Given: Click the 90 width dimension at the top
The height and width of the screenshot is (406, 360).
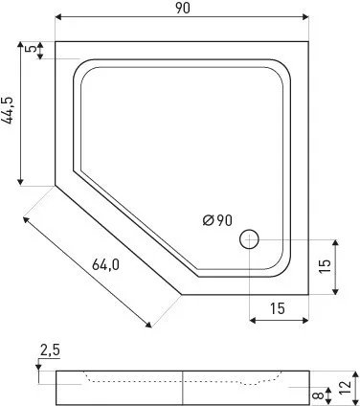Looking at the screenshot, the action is coord(183,8).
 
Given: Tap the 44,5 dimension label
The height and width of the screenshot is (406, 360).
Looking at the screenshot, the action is coord(8,110).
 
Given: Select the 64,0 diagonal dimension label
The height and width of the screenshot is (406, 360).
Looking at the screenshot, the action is coord(105,264).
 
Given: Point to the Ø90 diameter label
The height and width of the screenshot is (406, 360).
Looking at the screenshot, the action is coord(217,220).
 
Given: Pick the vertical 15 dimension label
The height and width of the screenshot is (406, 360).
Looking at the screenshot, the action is coord(325,266).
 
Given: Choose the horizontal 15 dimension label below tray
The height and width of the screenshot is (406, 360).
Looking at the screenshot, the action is coord(278,308).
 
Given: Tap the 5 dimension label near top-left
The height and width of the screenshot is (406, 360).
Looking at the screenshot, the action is coord(31,49).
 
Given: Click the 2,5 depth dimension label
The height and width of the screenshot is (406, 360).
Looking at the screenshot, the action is coord(50,350).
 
